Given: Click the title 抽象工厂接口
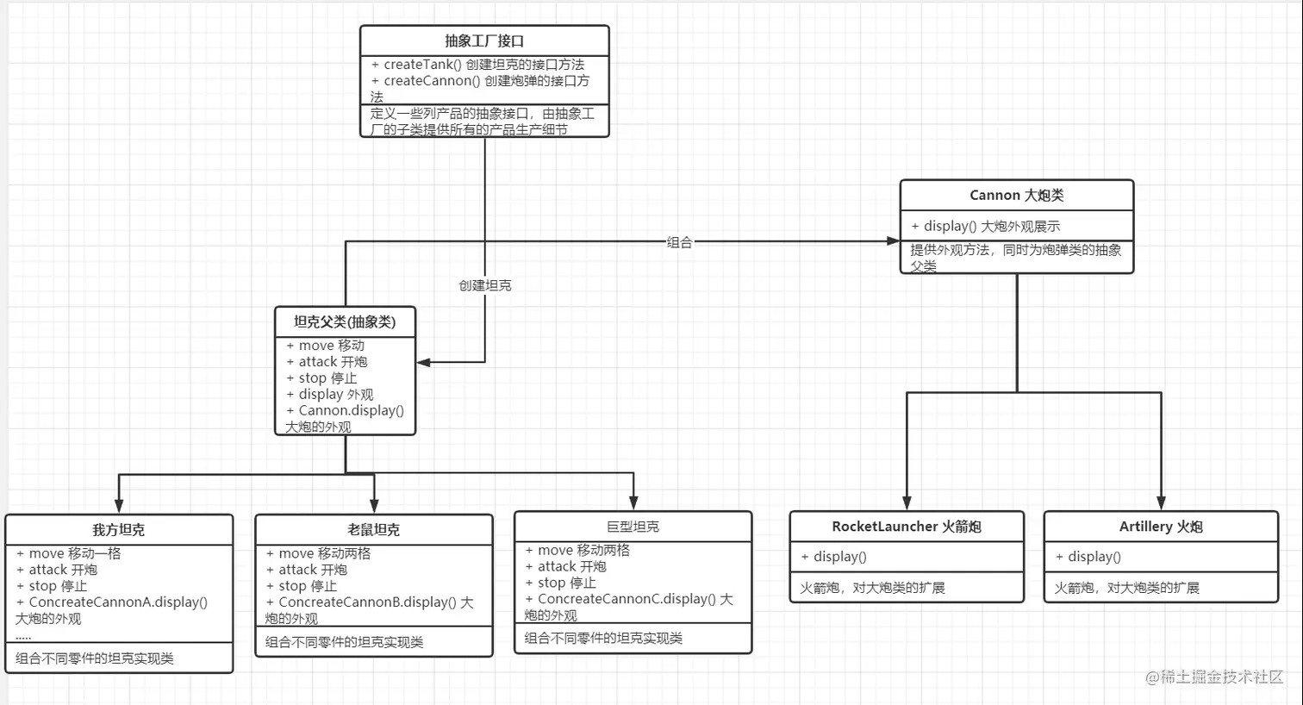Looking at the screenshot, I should (x=484, y=41).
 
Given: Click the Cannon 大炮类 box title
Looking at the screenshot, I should (x=1016, y=196).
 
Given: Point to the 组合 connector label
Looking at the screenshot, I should (x=679, y=243).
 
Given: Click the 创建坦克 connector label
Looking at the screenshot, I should (x=485, y=285).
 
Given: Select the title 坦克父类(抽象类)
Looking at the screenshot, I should (x=345, y=322).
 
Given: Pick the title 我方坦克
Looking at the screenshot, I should (x=119, y=530).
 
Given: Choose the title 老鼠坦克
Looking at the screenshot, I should (x=373, y=530).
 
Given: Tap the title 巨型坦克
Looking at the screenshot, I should (x=633, y=527).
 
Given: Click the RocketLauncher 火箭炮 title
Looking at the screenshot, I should (x=907, y=527).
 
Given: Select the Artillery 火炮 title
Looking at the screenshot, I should (x=1161, y=527).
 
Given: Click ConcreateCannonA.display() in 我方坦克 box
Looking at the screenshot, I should (x=118, y=602).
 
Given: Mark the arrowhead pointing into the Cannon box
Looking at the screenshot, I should (x=894, y=241).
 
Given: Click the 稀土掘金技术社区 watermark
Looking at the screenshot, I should (x=1214, y=677).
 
